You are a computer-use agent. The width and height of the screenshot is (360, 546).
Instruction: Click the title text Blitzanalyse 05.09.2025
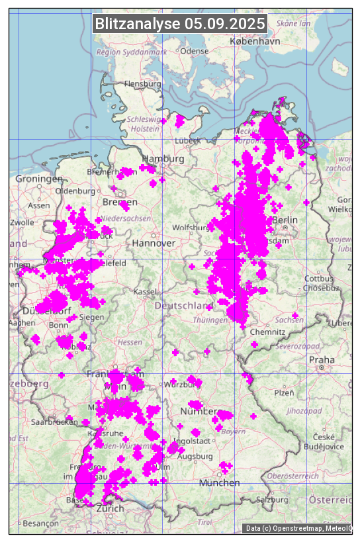(x=180, y=24)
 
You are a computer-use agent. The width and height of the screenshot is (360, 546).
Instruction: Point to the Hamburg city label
(x=163, y=159)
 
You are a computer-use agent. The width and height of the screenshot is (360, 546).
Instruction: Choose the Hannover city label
(x=154, y=244)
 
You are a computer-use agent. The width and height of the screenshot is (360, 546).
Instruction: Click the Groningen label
(x=39, y=179)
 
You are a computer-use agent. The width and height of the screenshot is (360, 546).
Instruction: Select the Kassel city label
(x=144, y=292)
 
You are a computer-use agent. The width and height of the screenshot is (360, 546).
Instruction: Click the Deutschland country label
(x=184, y=306)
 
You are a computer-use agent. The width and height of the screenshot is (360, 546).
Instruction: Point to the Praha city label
(x=322, y=359)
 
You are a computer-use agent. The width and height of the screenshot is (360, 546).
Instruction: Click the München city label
(x=219, y=482)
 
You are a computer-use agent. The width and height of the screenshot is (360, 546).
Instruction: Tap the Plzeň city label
(x=284, y=392)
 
